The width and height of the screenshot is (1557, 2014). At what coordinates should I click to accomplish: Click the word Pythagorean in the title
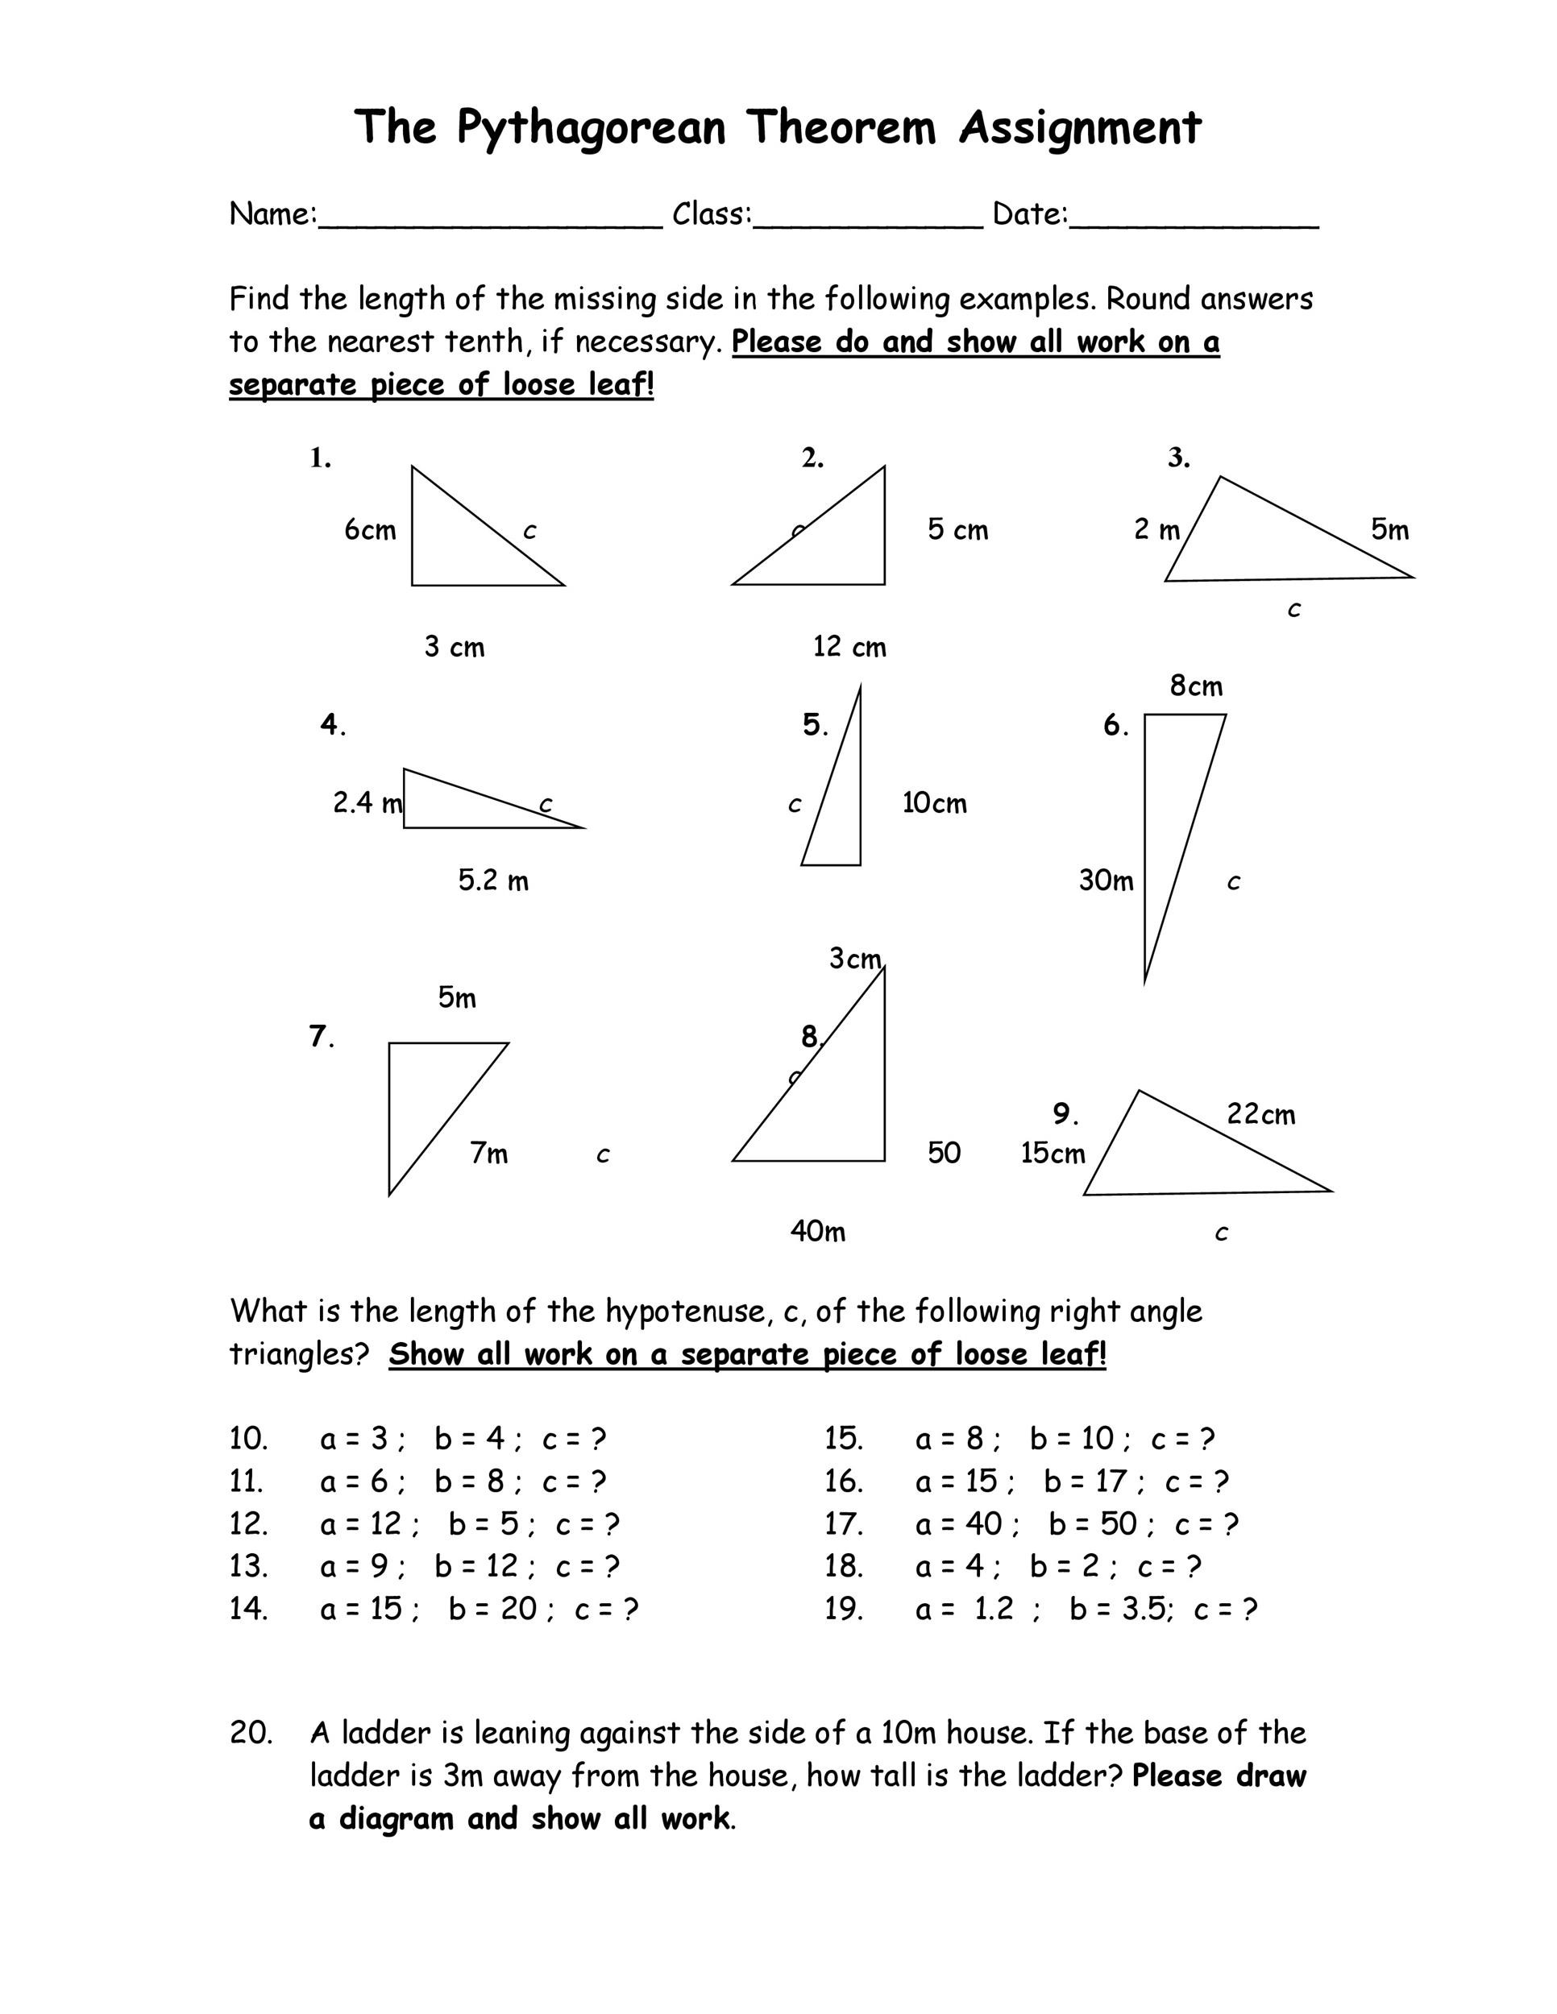tap(592, 127)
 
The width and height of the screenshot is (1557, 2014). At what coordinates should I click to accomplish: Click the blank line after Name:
tap(490, 222)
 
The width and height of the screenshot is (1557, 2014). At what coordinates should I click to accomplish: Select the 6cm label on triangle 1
tap(370, 530)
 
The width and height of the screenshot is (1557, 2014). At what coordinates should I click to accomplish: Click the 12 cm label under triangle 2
tap(849, 648)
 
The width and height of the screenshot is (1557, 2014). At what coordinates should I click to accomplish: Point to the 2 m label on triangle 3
tap(1156, 530)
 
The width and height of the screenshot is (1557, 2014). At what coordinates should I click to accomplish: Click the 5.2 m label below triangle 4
tap(493, 881)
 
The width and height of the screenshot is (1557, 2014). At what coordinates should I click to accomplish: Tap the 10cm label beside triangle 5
tap(934, 803)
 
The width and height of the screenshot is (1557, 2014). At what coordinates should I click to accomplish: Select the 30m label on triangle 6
tap(1106, 881)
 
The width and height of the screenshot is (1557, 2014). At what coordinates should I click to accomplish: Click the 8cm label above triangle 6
tap(1196, 686)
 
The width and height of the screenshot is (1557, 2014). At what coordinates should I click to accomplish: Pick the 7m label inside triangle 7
tap(489, 1154)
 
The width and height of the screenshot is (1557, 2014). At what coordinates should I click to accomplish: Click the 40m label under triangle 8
tap(817, 1231)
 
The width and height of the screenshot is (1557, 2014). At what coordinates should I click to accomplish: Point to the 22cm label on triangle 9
tap(1261, 1115)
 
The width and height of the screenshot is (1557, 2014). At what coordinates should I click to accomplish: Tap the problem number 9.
tap(1065, 1115)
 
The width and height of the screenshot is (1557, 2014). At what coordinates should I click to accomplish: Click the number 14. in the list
tap(249, 1609)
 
